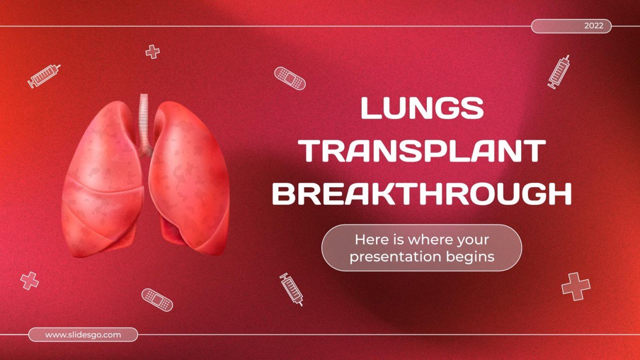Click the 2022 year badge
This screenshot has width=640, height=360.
coord(571,26)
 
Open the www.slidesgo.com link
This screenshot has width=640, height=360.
coord(83,335)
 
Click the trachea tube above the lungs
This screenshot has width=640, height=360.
coord(144,120)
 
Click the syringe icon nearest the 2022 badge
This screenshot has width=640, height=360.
coord(559,72)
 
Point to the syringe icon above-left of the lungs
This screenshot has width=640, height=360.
coord(44,76)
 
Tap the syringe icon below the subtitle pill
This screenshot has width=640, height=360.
coord(291,289)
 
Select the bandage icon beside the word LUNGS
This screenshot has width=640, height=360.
coord(290,78)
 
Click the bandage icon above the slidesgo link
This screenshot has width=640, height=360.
coord(157,299)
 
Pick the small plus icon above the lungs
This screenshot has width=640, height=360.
coord(152,52)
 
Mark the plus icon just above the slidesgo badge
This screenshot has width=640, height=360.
coord(30,281)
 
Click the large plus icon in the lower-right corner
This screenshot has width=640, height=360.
coord(576,286)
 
